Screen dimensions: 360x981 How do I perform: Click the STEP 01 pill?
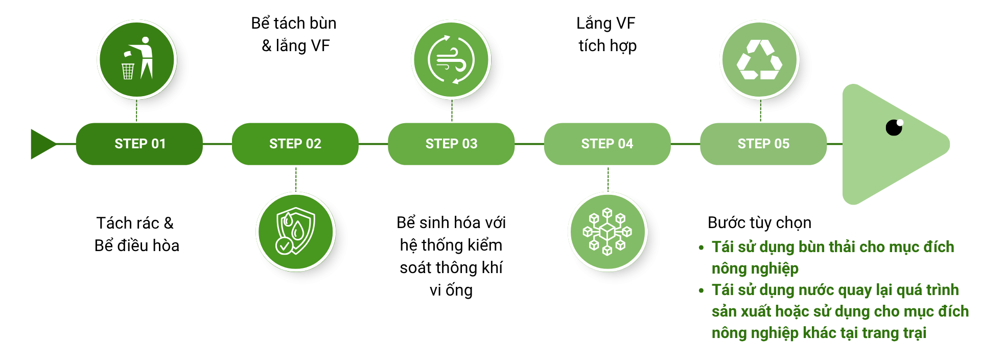click(x=139, y=144)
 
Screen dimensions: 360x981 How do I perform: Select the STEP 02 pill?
click(x=295, y=144)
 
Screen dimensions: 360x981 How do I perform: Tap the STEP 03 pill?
click(x=451, y=144)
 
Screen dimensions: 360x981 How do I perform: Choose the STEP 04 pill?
click(x=607, y=144)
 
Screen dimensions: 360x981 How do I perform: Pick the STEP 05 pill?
click(x=763, y=144)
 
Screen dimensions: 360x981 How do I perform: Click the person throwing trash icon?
click(x=137, y=59)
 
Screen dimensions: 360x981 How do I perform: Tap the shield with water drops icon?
click(x=295, y=231)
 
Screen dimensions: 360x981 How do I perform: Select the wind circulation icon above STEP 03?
click(x=451, y=59)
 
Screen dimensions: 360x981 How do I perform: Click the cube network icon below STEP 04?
click(x=608, y=232)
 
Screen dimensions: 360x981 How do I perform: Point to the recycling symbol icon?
click(x=760, y=59)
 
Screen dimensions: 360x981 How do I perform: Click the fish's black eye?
click(x=894, y=127)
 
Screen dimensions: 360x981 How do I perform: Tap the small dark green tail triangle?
click(x=42, y=144)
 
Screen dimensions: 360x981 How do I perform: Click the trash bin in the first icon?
click(x=128, y=71)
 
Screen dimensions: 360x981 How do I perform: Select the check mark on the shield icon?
click(x=284, y=246)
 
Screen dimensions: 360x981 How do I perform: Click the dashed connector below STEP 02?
click(x=296, y=178)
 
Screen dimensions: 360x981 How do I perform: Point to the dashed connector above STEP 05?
click(x=760, y=110)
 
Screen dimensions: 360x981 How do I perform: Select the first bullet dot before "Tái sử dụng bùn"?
click(x=701, y=247)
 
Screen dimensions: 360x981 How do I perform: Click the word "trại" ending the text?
click(x=915, y=333)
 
